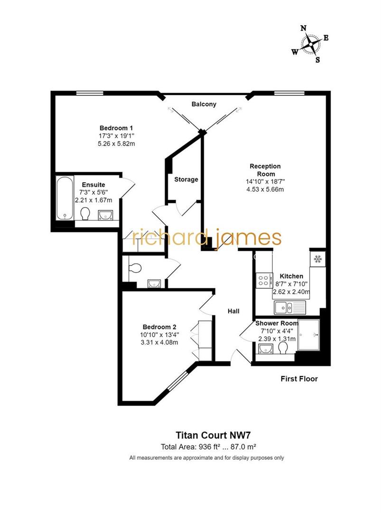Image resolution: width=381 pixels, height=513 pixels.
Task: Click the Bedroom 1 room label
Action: tap(116, 128)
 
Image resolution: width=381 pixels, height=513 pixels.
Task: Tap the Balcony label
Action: tap(204, 104)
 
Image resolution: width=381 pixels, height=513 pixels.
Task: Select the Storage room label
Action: tap(186, 180)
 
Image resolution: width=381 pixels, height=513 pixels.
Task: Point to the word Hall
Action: tap(233, 311)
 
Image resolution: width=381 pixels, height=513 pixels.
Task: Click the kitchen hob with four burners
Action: tap(264, 280)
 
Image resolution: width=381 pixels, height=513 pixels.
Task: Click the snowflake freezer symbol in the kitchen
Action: tap(317, 259)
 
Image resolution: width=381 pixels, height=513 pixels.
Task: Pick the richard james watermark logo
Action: tap(207, 237)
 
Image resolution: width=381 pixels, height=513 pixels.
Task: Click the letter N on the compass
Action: tap(303, 28)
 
